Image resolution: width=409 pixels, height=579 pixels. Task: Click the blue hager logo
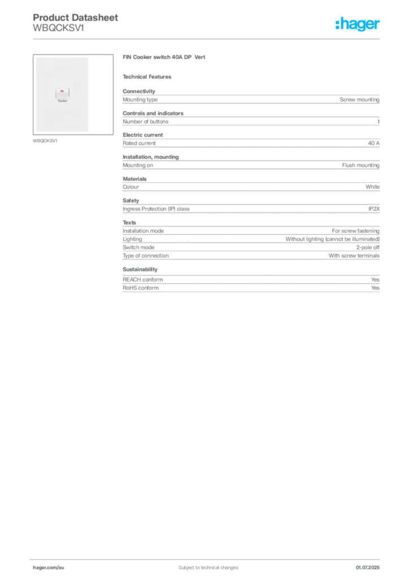[358, 25]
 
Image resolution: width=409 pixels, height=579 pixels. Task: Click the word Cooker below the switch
[62, 102]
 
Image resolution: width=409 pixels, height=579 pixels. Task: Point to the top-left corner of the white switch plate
[36, 57]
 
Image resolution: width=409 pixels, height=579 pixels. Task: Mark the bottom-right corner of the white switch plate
[90, 132]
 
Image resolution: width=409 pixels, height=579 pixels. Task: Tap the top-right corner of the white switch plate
[90, 57]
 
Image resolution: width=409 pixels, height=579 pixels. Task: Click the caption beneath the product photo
[45, 140]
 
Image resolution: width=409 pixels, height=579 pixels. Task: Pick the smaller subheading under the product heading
[149, 76]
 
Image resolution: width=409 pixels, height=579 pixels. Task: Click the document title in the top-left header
[76, 18]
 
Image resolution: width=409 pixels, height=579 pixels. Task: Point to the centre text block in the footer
[204, 564]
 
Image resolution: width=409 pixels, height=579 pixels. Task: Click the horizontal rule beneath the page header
[208, 38]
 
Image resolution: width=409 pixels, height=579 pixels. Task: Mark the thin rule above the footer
[208, 557]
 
